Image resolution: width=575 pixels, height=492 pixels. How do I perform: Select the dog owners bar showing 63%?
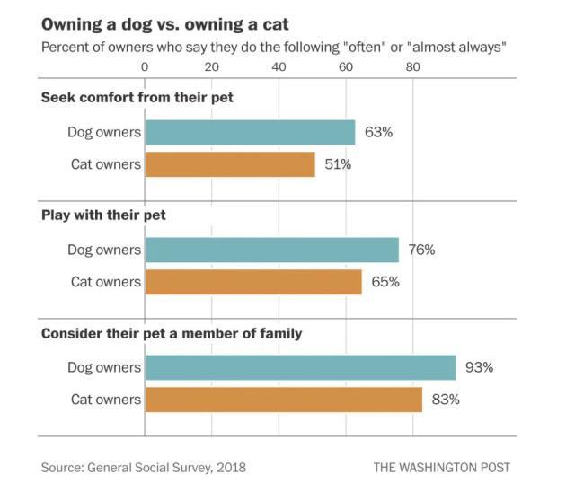tap(250, 132)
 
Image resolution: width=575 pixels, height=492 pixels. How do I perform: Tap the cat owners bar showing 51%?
tap(230, 164)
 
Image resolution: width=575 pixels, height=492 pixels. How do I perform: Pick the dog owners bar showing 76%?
tap(271, 250)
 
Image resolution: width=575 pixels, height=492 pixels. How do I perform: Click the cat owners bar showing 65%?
tap(253, 282)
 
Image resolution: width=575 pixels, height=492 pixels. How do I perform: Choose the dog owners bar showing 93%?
tap(300, 367)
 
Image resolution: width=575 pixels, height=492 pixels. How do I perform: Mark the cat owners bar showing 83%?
tap(283, 399)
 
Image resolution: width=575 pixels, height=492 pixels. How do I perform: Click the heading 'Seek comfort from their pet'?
tap(137, 97)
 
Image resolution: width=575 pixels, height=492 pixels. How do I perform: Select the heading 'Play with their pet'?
tap(103, 215)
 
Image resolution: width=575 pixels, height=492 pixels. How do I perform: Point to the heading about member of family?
tap(172, 333)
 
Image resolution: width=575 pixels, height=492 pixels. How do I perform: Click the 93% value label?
tap(480, 367)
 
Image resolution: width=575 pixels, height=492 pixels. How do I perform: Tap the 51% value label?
tap(339, 164)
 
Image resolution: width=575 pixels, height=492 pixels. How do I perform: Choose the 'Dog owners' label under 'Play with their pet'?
tap(104, 250)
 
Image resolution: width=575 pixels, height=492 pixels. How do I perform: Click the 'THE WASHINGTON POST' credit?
tap(441, 468)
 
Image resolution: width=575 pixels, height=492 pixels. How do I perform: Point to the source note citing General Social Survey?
tap(143, 468)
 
